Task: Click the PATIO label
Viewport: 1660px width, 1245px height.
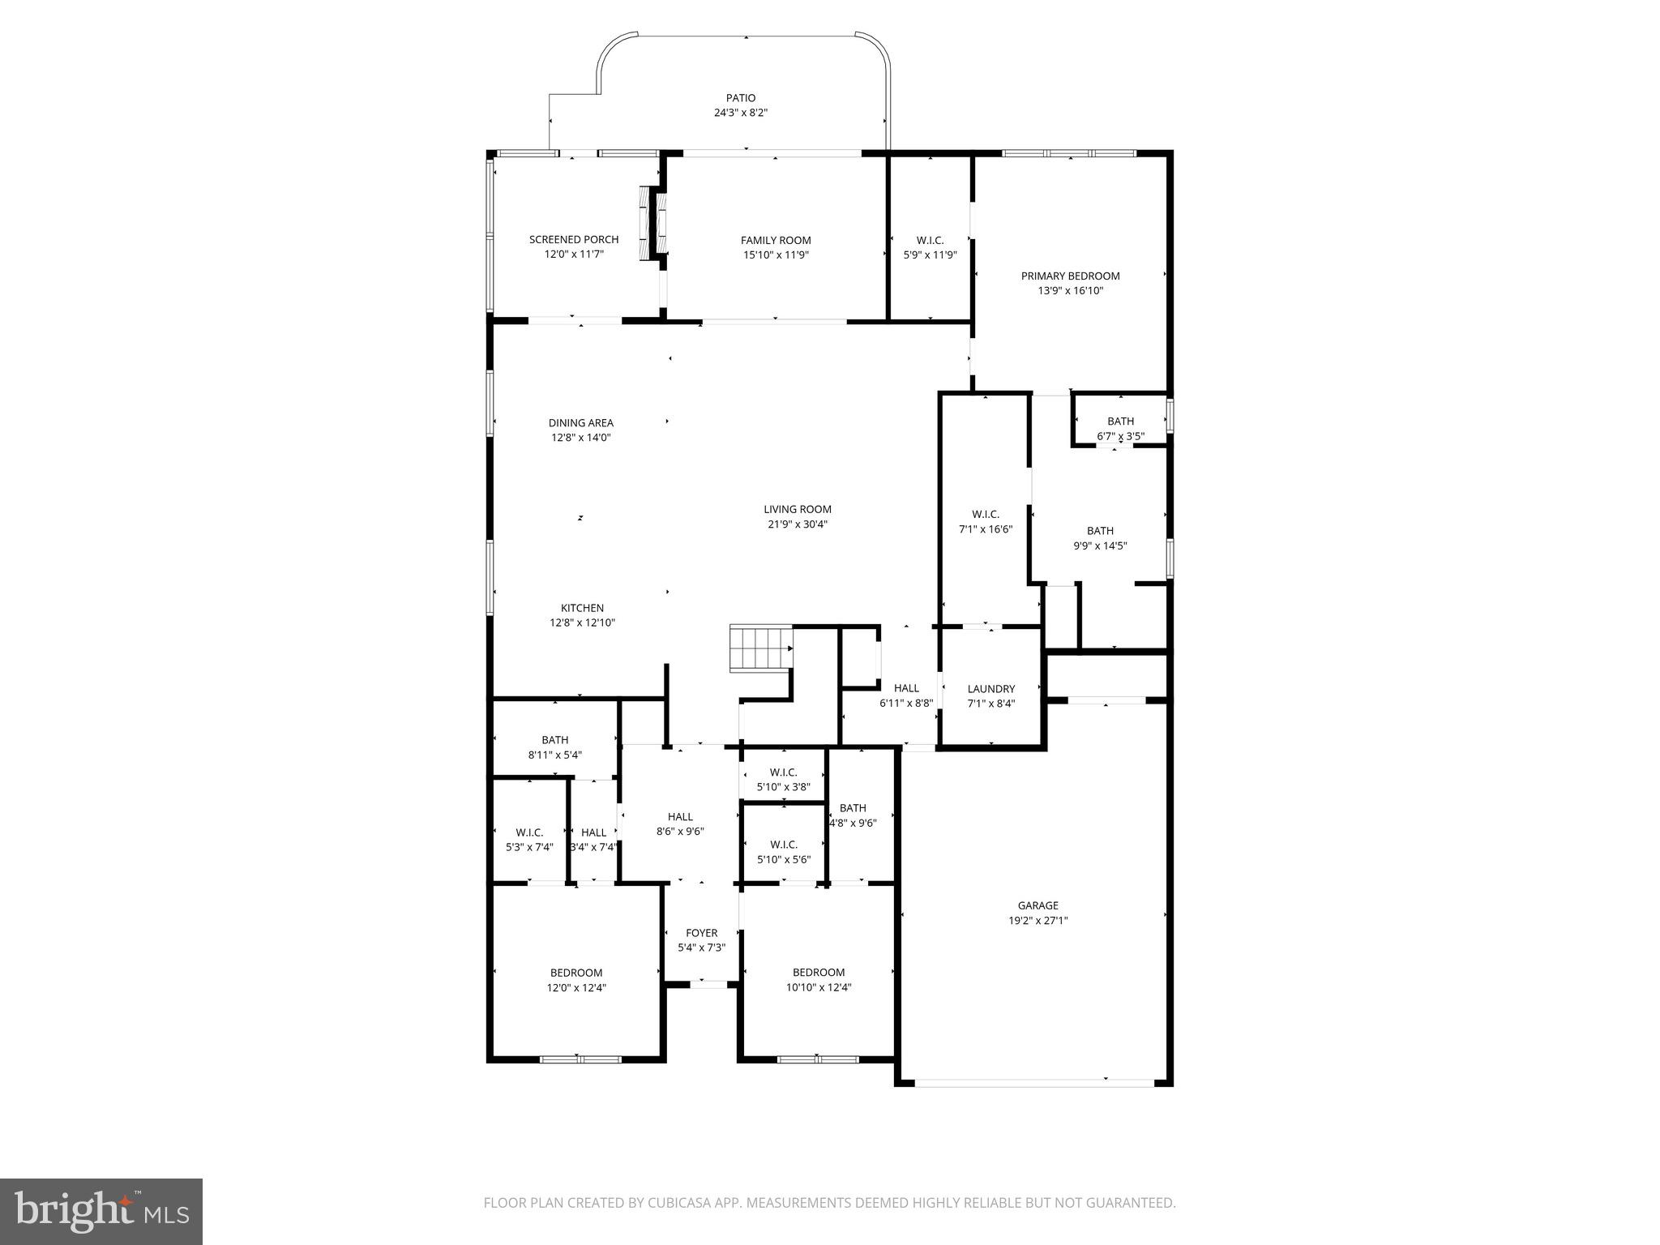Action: (740, 98)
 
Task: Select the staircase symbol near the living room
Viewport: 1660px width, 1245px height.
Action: (760, 648)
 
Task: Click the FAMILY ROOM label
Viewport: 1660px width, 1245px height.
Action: (776, 240)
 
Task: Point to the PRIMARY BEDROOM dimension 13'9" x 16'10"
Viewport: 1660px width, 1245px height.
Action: (1070, 290)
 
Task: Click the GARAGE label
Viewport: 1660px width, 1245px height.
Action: (1037, 905)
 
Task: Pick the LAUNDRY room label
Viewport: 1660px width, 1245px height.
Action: (990, 689)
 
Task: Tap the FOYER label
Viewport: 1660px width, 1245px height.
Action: (701, 933)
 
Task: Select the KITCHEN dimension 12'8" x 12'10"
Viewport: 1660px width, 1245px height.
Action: (582, 622)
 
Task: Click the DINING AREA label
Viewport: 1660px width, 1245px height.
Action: (580, 422)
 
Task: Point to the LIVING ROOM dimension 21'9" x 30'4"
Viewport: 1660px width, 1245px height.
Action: (798, 524)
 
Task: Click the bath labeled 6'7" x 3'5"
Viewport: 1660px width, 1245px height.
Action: (1120, 428)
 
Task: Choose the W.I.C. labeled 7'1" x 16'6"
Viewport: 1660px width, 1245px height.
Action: (985, 521)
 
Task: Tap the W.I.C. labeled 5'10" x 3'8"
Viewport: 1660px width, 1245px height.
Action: (783, 779)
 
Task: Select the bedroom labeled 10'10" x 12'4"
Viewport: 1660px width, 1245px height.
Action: (818, 979)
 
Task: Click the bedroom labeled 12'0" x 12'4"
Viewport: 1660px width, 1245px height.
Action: (575, 980)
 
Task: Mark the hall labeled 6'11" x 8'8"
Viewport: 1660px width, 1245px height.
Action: (905, 695)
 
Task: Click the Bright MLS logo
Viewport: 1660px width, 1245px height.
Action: (101, 1211)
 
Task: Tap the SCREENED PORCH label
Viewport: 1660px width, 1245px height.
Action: (573, 239)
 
